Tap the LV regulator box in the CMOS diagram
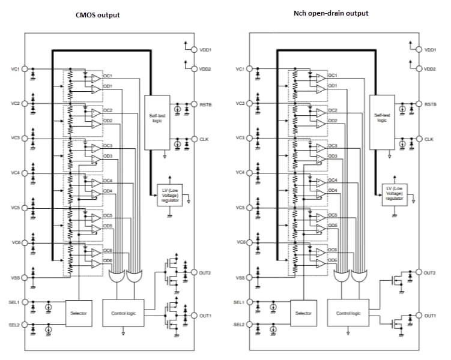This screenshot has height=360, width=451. click(171, 196)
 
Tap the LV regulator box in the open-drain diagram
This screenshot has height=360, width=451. click(395, 196)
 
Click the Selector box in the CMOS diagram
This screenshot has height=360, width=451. click(79, 313)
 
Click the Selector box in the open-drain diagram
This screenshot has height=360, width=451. click(303, 313)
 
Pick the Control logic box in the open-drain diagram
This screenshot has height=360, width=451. click(348, 313)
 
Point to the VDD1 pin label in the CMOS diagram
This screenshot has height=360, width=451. click(206, 50)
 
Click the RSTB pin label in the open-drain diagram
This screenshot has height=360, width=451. click(430, 104)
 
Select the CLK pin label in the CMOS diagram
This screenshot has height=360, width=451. click(205, 139)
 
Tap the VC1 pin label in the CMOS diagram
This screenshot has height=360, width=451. click(16, 69)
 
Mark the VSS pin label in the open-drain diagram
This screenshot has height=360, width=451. click(240, 278)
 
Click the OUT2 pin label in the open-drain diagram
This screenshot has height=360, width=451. click(430, 273)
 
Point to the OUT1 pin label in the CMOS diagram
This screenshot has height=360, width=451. click(206, 316)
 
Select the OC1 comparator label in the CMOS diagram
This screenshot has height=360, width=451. click(108, 76)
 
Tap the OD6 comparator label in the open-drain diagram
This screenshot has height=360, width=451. click(332, 261)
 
